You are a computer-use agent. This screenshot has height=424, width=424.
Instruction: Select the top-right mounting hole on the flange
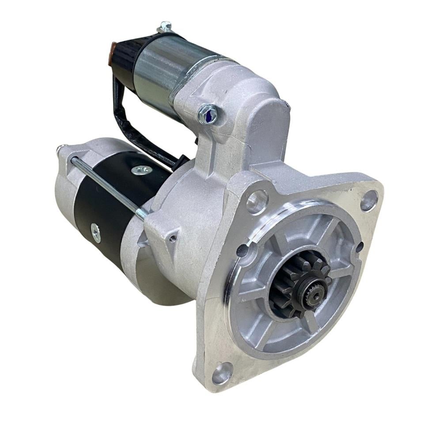pos(369,201)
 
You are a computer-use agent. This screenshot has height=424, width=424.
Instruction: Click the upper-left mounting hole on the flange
pos(257,202)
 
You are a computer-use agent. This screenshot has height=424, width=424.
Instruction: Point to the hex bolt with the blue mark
pos(208,114)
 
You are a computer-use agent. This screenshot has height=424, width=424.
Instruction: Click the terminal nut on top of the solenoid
pos(165,27)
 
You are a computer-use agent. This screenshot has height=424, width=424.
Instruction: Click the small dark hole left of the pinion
pos(242,250)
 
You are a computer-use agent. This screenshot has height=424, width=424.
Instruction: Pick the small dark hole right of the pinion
pos(359,247)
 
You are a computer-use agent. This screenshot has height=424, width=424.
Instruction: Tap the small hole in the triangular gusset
pos(173,238)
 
